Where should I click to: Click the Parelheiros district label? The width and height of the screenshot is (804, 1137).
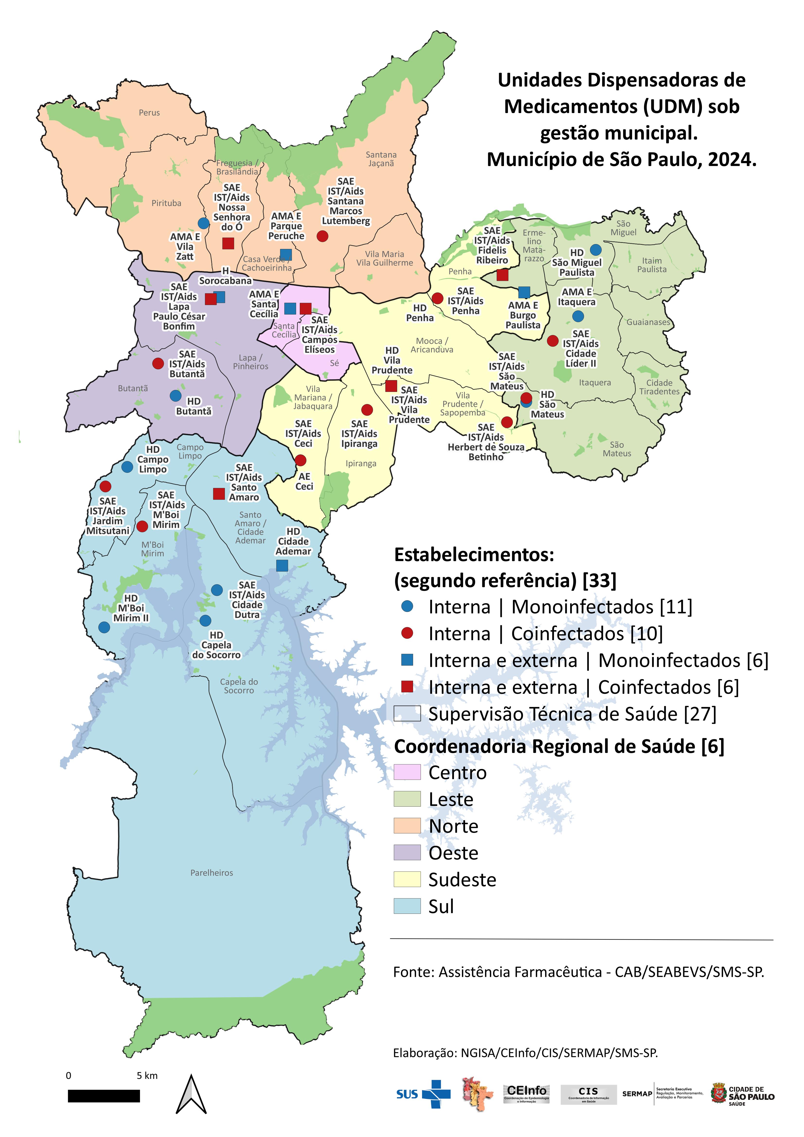[212, 873]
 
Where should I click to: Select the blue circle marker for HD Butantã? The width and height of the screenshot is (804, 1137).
[175, 396]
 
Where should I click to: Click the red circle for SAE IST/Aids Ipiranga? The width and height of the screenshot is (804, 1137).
[367, 410]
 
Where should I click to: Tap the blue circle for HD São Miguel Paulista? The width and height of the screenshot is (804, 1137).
[595, 250]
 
